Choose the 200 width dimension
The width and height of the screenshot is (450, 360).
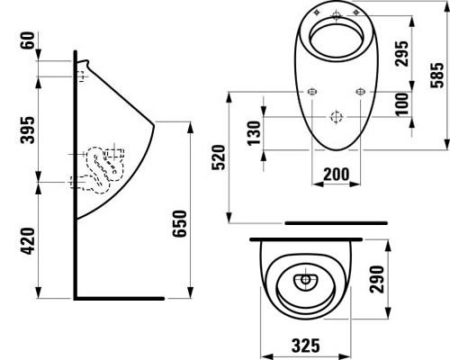[x=335, y=174]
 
